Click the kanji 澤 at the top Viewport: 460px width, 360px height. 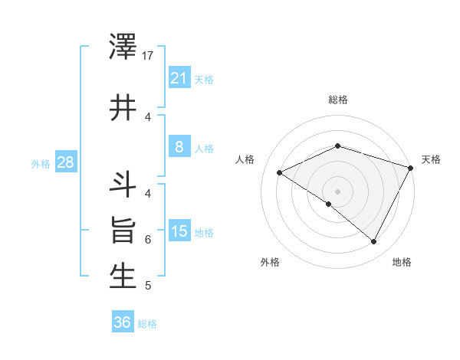[x=123, y=47]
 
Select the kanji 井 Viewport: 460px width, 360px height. [x=123, y=106]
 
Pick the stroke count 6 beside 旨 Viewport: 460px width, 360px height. [x=148, y=239]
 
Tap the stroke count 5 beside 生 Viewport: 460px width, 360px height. [x=148, y=286]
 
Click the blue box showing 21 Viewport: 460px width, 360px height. [x=179, y=77]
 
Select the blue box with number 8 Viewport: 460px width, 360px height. [x=179, y=147]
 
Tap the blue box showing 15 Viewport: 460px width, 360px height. [x=179, y=231]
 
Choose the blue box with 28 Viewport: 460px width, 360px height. [x=65, y=162]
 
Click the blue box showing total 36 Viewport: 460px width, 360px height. [x=122, y=322]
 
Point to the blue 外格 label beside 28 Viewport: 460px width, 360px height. [x=41, y=163]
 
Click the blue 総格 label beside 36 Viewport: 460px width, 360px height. [x=147, y=324]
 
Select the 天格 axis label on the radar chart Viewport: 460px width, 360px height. [x=431, y=159]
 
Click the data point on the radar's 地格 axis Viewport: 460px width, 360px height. [x=374, y=242]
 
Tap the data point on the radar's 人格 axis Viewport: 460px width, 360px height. [x=280, y=173]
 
